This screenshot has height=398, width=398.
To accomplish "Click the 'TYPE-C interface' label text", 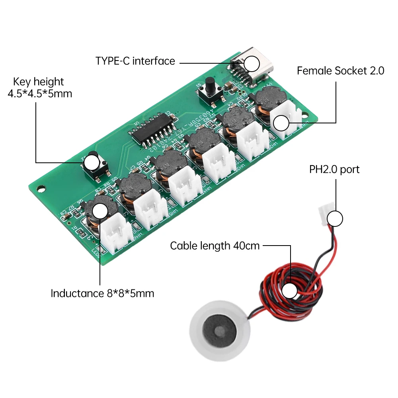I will click(x=135, y=61).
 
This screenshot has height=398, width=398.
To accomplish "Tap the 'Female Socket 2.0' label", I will click(x=340, y=71).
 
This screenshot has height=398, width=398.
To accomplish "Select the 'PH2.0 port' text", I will click(x=334, y=170).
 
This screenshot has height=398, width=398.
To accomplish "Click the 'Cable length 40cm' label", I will click(x=215, y=246).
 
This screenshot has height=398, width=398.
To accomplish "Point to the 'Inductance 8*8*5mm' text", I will click(x=102, y=294).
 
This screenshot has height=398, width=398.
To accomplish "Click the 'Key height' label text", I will click(x=38, y=82).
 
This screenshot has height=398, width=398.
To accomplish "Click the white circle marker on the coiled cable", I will click(x=289, y=291).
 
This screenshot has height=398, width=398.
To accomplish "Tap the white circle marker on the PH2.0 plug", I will click(x=335, y=219).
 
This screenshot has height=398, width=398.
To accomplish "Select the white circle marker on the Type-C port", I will click(x=252, y=64).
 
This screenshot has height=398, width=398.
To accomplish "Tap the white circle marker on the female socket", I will click(x=281, y=123).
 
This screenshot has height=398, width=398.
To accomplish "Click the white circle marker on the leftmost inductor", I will click(x=99, y=211).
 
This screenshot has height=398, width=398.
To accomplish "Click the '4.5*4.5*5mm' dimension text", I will click(x=40, y=94).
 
